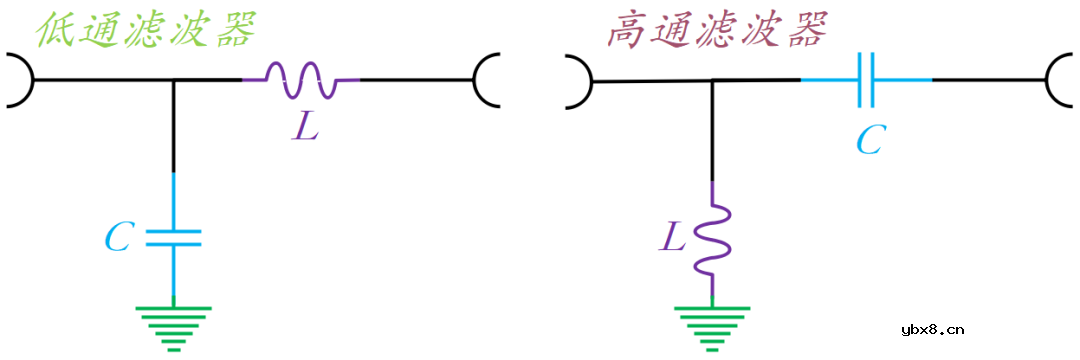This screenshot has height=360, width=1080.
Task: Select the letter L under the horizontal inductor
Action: [306, 126]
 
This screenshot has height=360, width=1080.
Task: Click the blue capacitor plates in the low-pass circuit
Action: [173, 238]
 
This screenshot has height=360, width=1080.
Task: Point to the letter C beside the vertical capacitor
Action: [119, 238]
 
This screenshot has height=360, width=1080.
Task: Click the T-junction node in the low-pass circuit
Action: [173, 80]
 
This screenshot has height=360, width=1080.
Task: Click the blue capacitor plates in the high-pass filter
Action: [866, 79]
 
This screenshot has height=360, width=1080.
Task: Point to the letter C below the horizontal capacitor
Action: [869, 141]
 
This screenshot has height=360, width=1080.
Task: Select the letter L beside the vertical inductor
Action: [674, 238]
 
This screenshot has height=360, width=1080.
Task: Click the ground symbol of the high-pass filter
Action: [712, 325]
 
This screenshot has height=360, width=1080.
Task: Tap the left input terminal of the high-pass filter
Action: [577, 79]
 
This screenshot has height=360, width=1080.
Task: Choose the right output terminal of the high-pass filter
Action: [1059, 79]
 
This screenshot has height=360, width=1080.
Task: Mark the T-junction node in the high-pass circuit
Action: [712, 80]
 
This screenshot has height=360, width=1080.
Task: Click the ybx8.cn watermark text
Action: [931, 328]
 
